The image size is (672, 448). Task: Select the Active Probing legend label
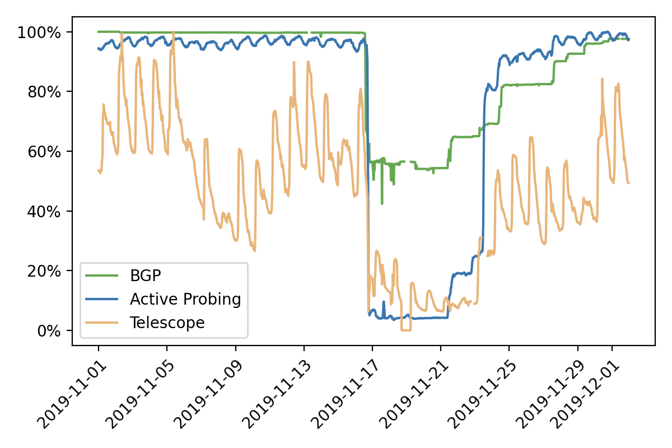(185, 299)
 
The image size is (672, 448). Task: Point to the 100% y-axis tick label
(40, 32)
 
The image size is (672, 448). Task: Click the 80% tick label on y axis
(44, 92)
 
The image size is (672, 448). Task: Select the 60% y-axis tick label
(44, 151)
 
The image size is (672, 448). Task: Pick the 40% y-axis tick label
(44, 211)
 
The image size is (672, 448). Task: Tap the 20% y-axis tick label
(44, 271)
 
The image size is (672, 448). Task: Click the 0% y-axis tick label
(47, 330)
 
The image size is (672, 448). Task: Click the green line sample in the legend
(102, 276)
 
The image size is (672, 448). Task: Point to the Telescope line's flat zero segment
(406, 330)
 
